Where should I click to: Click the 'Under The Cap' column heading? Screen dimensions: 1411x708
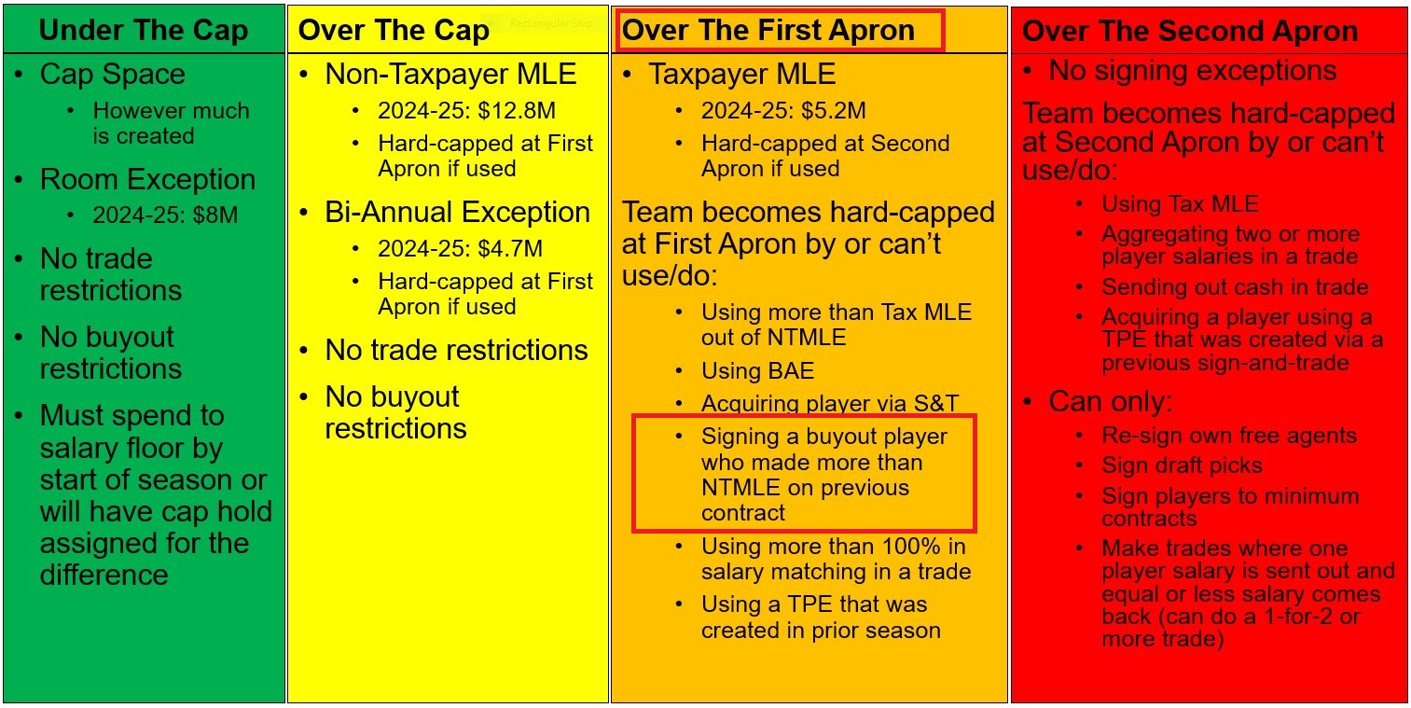coord(143,30)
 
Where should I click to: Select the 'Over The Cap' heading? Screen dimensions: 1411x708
coord(394,30)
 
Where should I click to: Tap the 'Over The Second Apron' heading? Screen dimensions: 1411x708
coord(1190,31)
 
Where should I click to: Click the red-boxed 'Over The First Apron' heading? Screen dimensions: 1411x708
coord(768,30)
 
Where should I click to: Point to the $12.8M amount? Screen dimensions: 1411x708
coord(517,111)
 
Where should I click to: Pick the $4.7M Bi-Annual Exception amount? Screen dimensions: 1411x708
coord(510,249)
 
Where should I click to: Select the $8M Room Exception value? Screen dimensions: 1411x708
coord(215,215)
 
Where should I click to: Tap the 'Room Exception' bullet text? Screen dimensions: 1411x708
coord(147,179)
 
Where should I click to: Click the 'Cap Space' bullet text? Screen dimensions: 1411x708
coord(112,75)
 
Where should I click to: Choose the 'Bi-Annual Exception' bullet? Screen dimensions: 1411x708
coord(457,213)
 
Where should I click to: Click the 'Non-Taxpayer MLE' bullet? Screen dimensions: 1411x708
coord(450,75)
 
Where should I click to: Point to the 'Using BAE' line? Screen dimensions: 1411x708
coord(758,371)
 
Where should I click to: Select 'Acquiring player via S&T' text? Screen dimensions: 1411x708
coord(830,403)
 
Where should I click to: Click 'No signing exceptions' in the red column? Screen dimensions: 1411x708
coord(1193,71)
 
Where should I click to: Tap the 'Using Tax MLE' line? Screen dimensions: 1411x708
coord(1180,204)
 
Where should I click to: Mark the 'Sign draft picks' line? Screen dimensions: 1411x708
coord(1182,465)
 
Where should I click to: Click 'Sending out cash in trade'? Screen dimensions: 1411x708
coord(1235,287)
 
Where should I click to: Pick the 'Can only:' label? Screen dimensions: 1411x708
coord(1110,402)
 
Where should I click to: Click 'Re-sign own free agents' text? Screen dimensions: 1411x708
coord(1229,436)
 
